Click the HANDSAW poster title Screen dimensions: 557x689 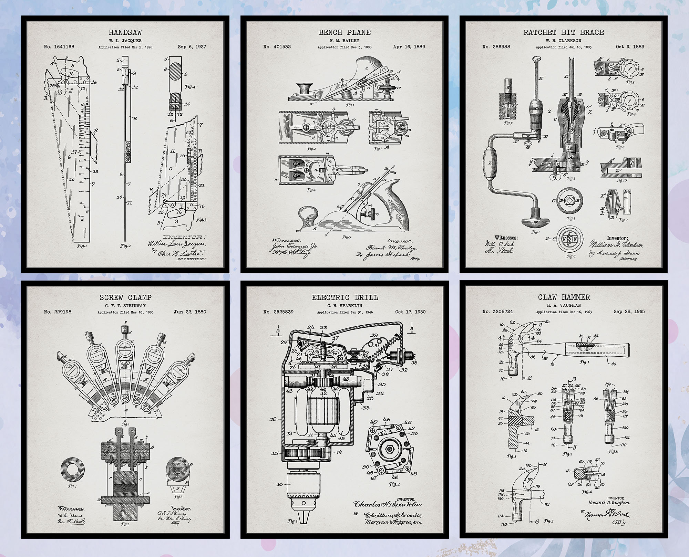pyautogui.click(x=125, y=33)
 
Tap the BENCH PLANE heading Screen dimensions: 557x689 pyautogui.click(x=344, y=33)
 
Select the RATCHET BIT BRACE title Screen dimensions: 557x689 pyautogui.click(x=564, y=33)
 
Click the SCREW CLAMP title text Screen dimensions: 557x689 pyautogui.click(x=125, y=297)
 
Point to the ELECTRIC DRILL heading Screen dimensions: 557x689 pyautogui.click(x=344, y=297)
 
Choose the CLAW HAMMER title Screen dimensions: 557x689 pyautogui.click(x=564, y=297)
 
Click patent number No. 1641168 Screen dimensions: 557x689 pyautogui.click(x=59, y=47)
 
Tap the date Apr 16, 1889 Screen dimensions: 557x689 pyautogui.click(x=409, y=47)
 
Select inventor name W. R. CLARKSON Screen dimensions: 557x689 pyautogui.click(x=564, y=41)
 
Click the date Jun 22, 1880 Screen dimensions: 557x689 pyautogui.click(x=190, y=312)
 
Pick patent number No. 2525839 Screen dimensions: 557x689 pyautogui.click(x=278, y=312)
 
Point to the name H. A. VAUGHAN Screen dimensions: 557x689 pyautogui.click(x=564, y=305)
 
